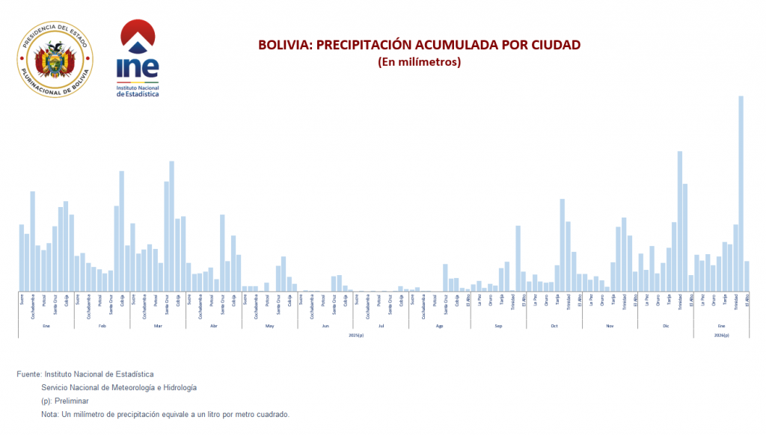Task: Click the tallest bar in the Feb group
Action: (x=122, y=231)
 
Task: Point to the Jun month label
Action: (x=325, y=326)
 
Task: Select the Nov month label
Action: (x=610, y=326)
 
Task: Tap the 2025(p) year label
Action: (x=356, y=336)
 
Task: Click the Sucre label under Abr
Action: (x=189, y=299)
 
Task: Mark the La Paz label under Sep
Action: (x=479, y=300)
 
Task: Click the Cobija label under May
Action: (x=289, y=300)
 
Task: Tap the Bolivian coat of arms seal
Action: (x=55, y=61)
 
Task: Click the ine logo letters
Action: (x=138, y=67)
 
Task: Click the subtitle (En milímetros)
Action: (x=419, y=62)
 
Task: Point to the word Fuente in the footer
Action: (x=28, y=374)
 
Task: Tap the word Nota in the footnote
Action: (x=49, y=414)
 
